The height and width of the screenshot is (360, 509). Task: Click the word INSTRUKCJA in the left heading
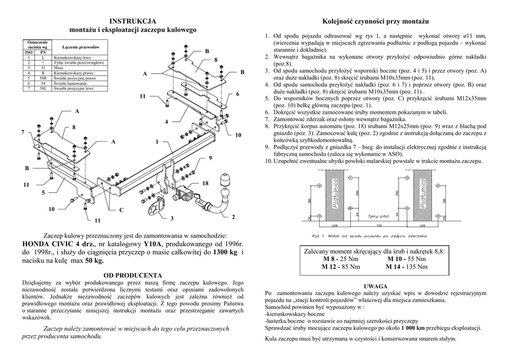point(133,21)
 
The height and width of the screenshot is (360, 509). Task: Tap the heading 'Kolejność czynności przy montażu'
point(375,21)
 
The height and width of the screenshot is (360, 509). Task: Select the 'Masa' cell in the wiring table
point(58,67)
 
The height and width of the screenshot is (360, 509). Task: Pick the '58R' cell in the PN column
point(43,78)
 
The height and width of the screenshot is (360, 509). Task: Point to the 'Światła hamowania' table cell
point(68,84)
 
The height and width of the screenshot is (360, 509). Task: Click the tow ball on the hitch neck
point(225,180)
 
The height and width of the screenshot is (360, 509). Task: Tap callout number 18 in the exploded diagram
point(205,184)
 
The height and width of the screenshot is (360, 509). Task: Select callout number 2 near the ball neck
point(233,217)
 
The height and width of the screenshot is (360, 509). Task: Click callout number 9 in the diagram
point(210,158)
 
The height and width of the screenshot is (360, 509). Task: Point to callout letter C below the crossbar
point(121,210)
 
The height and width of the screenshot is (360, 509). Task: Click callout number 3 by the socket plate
point(172,218)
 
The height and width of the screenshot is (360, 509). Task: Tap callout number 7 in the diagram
point(22,132)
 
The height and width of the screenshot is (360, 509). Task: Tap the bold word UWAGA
point(375,287)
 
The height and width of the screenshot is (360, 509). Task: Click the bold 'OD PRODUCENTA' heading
point(133,275)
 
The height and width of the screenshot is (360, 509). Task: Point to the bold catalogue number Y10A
point(153,244)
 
